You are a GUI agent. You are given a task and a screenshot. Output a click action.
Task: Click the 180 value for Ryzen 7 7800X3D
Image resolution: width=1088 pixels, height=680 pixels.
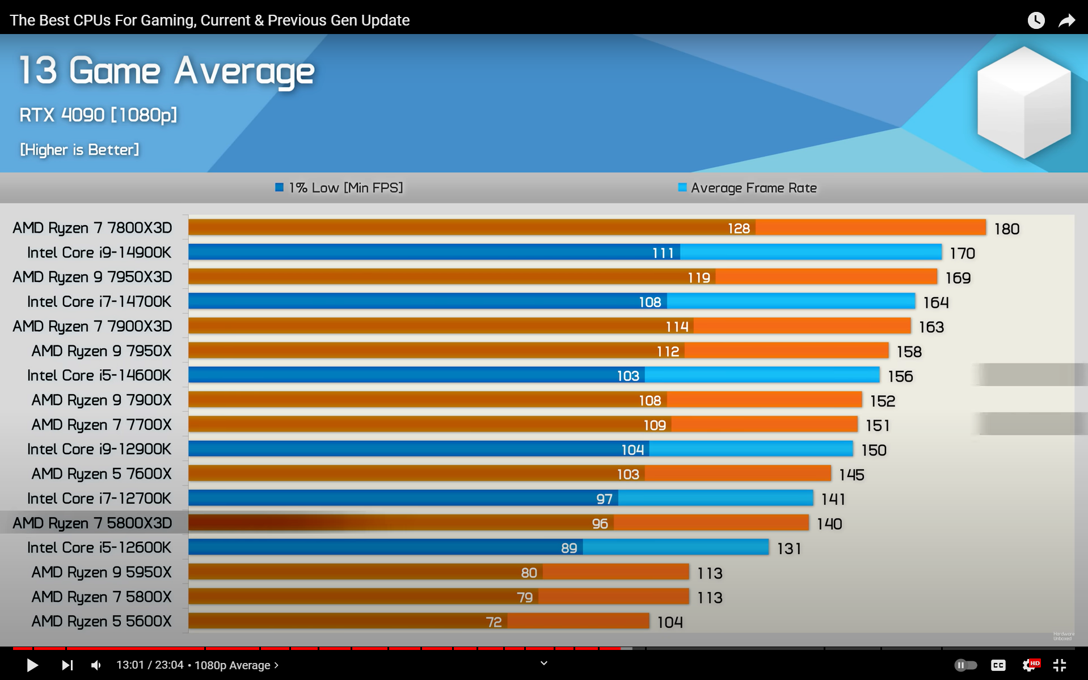1006,229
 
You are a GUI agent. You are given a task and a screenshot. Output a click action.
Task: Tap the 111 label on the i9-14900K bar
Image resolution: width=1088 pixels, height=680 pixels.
663,253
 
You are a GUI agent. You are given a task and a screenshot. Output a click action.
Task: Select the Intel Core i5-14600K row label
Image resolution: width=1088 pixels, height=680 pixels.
99,375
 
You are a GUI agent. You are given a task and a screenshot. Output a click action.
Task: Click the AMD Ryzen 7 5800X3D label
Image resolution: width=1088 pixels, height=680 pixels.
92,523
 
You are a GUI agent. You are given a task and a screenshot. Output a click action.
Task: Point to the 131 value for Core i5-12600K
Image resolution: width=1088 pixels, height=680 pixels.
788,548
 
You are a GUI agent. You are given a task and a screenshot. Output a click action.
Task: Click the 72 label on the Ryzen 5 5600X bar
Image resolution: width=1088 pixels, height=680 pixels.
494,622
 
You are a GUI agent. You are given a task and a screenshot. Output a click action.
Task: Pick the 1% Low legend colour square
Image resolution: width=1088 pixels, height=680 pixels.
279,188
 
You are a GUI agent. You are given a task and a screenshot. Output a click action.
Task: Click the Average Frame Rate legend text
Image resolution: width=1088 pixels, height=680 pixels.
753,188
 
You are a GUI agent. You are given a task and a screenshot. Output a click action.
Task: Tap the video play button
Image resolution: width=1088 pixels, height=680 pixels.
32,665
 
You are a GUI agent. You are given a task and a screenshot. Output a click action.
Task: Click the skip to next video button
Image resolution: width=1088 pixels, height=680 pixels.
67,665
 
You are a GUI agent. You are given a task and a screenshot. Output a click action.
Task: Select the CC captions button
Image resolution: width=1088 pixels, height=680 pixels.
998,665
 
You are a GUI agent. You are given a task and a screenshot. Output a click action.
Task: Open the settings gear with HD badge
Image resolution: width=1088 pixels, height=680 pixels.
1030,665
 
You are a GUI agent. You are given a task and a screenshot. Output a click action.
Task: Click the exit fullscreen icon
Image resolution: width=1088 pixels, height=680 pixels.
1060,665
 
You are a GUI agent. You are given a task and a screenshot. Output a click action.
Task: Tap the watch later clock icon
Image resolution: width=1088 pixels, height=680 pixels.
1036,20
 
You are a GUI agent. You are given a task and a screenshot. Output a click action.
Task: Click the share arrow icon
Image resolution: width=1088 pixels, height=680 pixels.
1066,20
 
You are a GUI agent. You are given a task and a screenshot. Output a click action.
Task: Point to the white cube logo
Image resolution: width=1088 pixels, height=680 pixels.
1024,102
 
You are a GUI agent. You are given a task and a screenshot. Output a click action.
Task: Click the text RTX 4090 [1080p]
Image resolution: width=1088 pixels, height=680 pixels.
98,115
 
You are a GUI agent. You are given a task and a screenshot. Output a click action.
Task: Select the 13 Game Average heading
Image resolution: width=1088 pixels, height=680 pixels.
167,71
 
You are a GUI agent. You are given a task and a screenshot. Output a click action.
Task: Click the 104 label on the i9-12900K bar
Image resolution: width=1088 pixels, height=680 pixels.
632,450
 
